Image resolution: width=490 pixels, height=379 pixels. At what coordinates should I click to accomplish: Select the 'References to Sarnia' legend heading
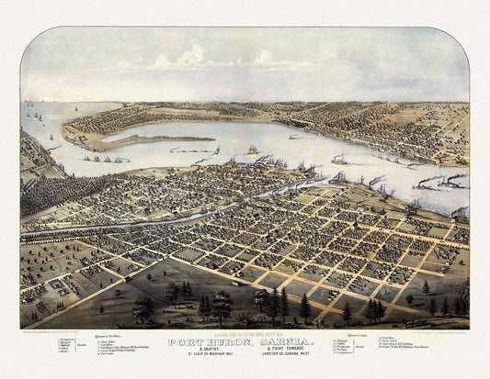click(x=364, y=338)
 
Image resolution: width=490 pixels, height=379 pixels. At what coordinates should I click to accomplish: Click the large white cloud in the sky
click(x=193, y=57)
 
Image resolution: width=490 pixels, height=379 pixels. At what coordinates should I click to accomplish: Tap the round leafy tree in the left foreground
click(x=143, y=308)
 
